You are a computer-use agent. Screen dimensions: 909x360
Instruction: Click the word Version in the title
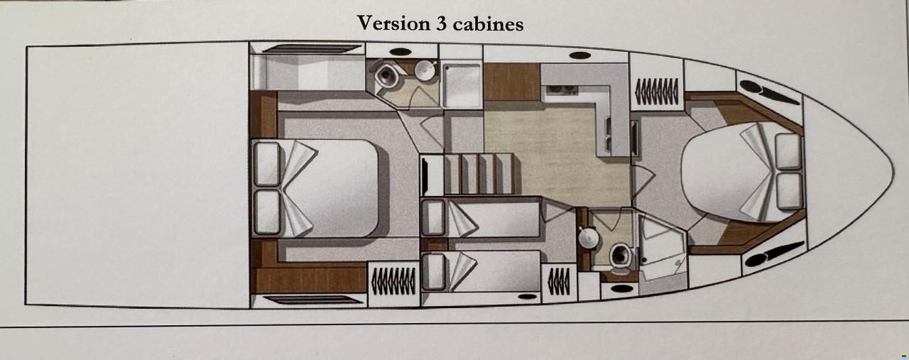[393, 23]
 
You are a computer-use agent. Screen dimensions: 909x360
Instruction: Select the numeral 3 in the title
[441, 23]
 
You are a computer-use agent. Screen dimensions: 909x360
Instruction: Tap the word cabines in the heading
[488, 23]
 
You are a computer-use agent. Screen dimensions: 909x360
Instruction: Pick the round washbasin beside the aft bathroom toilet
[425, 70]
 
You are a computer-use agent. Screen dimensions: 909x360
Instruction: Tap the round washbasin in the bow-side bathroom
[588, 238]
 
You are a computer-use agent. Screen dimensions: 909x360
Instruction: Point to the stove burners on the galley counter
[562, 89]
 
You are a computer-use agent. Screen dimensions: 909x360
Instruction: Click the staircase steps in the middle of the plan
[479, 173]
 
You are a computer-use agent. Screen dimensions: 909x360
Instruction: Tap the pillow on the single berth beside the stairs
[432, 218]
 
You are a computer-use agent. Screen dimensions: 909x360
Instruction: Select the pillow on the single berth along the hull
[432, 271]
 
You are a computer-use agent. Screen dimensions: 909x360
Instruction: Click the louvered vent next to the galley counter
[656, 90]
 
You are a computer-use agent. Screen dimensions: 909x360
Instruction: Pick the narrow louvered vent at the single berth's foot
[559, 281]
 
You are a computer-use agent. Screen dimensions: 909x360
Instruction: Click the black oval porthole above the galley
[580, 55]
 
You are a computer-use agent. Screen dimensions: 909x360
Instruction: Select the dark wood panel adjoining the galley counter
[512, 82]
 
